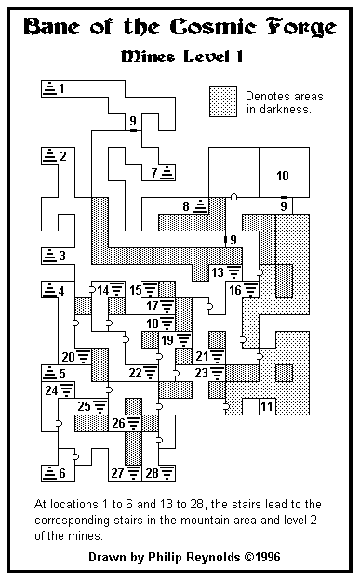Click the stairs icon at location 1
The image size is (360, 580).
[49, 88]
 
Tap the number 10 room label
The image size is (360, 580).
[283, 176]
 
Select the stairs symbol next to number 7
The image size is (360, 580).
[167, 172]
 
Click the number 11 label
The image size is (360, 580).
[267, 406]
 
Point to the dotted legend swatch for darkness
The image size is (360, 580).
[223, 102]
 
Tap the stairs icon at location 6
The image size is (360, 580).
[49, 473]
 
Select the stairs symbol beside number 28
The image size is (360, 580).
[167, 473]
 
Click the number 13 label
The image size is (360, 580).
[218, 272]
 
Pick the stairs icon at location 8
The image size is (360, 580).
[200, 205]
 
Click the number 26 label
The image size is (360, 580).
[118, 423]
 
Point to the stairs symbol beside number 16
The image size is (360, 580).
[251, 289]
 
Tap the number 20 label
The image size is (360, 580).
[69, 357]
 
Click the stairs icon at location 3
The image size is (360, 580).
[49, 256]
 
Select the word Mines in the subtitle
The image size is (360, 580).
[148, 57]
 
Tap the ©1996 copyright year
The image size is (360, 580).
[262, 557]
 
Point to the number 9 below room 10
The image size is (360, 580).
[284, 206]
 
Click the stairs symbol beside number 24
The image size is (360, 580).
[67, 389]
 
